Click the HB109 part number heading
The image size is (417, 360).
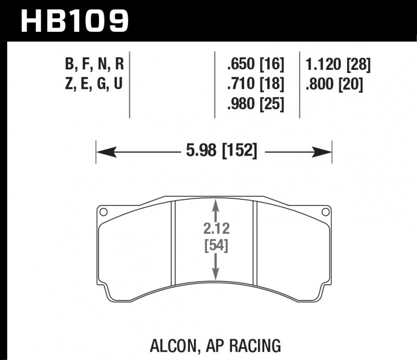(73, 21)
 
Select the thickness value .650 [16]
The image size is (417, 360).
(255, 65)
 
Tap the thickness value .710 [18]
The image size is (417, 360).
(255, 83)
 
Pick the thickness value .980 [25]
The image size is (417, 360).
(255, 103)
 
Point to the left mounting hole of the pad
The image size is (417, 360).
(103, 212)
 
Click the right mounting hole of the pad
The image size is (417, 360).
(326, 212)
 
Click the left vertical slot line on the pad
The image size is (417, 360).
(173, 245)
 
